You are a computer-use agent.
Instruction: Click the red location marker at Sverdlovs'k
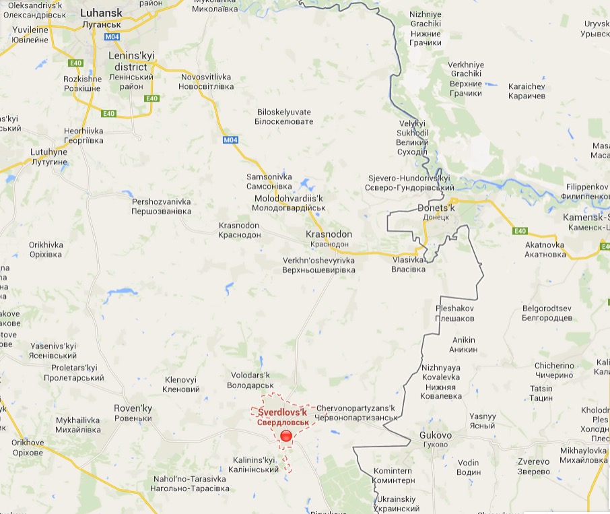click(286, 436)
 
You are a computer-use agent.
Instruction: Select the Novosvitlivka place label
click(207, 82)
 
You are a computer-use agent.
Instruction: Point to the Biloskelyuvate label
click(285, 117)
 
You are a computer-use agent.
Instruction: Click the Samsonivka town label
click(269, 181)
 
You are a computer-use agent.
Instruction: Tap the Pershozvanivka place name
click(162, 206)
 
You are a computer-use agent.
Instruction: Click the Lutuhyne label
click(50, 157)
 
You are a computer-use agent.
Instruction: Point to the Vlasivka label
click(409, 264)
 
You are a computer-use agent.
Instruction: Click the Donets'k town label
click(436, 212)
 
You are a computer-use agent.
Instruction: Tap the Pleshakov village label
click(455, 313)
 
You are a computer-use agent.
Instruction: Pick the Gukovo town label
click(436, 440)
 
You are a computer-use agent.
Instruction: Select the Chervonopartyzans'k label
click(355, 413)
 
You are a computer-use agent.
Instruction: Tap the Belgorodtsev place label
click(547, 313)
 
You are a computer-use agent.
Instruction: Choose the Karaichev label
click(527, 91)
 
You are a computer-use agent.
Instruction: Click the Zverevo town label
click(533, 466)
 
